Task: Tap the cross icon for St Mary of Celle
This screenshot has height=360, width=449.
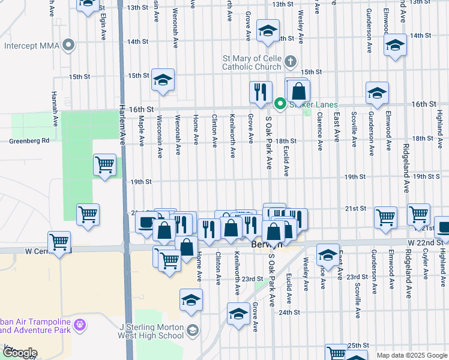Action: (x=291, y=61)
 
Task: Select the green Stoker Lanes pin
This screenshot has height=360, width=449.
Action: (x=280, y=104)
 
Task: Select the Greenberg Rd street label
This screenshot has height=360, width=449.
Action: (x=29, y=142)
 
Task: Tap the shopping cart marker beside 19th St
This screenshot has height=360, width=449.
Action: (x=105, y=164)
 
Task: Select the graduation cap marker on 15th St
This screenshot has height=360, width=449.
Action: (x=162, y=80)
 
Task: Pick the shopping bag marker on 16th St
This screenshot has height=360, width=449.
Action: (x=298, y=92)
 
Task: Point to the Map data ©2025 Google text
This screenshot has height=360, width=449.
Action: (x=411, y=355)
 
